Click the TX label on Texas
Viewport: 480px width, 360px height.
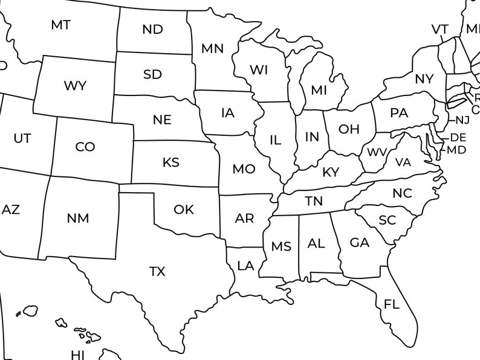(x=157, y=272)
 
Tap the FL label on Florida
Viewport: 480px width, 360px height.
(x=392, y=304)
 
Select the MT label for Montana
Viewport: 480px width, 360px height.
(x=60, y=25)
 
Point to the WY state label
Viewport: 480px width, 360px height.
(x=75, y=86)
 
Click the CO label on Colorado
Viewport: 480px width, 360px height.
(x=85, y=147)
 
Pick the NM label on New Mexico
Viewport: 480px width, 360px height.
(x=77, y=218)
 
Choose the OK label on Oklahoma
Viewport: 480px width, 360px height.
(x=184, y=210)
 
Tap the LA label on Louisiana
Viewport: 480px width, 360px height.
(x=245, y=265)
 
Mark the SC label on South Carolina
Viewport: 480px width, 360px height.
(x=387, y=220)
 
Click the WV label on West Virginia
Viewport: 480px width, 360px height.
(x=377, y=152)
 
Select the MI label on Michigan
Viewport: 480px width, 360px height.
(x=319, y=90)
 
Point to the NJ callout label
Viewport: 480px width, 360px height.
(x=462, y=120)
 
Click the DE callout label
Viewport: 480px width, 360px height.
(x=458, y=138)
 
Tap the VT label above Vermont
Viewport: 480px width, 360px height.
(x=439, y=30)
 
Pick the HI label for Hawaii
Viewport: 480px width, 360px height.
(x=78, y=354)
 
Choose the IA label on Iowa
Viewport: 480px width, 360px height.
(x=228, y=112)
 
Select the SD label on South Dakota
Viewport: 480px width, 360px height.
(x=152, y=74)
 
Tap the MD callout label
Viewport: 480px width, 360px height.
(x=456, y=149)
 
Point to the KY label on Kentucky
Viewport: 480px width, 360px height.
(x=331, y=172)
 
